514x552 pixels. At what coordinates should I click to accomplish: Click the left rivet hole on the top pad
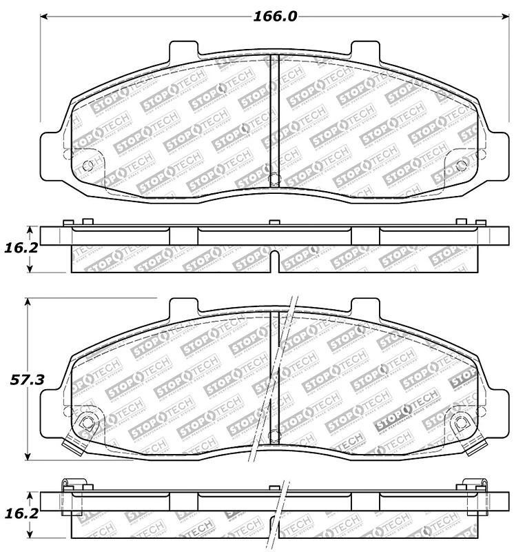click(x=86, y=166)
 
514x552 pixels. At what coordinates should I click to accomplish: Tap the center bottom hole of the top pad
click(x=274, y=178)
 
